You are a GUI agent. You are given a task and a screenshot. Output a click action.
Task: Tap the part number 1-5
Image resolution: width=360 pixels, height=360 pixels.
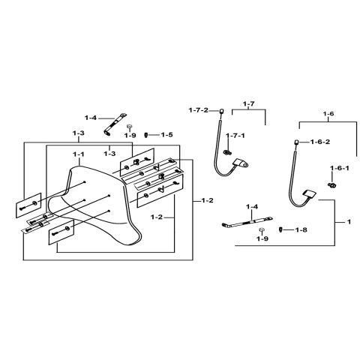165,134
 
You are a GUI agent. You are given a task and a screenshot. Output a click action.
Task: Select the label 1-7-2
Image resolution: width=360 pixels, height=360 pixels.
199,109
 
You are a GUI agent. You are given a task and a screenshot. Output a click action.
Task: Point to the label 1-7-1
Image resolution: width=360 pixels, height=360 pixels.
236,136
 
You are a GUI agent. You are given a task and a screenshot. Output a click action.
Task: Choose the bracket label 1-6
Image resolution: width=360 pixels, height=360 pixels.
328,113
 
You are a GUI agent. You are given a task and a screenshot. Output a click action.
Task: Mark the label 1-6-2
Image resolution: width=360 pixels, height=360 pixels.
320,141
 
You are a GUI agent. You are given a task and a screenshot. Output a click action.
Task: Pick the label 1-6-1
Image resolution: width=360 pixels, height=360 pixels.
339,168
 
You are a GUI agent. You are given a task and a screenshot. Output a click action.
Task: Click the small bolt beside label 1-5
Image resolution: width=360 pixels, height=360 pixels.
148,135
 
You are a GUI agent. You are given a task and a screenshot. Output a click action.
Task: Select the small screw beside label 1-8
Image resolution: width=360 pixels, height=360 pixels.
282,229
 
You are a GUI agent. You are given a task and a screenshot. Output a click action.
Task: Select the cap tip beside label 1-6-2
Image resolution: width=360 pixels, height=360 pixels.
297,140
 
